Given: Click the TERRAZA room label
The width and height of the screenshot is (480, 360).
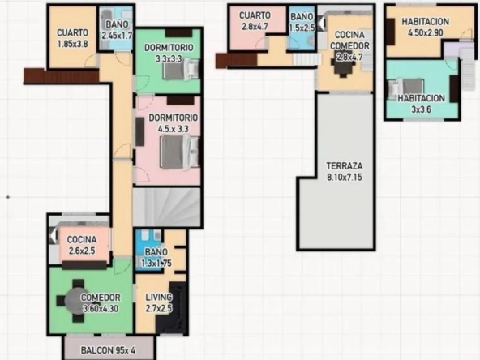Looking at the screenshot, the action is click(345, 166).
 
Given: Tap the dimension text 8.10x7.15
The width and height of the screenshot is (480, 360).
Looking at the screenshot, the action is click(345, 178).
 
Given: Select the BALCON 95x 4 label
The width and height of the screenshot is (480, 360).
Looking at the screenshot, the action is click(108, 350).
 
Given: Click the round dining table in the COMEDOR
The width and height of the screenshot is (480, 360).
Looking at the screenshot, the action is click(76, 301).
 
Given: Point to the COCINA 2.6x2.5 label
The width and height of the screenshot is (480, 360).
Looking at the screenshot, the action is click(82, 245).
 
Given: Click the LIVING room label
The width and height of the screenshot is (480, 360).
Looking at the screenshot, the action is click(159, 298).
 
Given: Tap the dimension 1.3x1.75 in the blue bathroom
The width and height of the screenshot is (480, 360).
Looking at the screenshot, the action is click(156, 264).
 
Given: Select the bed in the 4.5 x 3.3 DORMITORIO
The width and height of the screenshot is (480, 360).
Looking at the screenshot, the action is click(180, 152).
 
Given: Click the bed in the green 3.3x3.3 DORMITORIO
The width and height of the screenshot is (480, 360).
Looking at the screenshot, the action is click(182, 69).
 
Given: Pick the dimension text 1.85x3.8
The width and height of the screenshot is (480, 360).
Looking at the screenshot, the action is click(73, 44).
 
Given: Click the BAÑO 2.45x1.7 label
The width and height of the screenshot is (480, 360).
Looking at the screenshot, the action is click(117, 30).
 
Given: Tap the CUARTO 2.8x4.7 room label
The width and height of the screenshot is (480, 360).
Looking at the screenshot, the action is click(255, 21).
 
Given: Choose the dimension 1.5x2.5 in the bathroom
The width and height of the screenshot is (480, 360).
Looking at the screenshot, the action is click(302, 28).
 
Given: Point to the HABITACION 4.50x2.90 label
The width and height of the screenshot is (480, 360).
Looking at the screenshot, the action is click(426, 27).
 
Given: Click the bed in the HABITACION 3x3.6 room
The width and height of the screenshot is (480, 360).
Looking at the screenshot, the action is click(406, 88).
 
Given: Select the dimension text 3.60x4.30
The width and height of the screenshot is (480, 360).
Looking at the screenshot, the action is click(101, 309).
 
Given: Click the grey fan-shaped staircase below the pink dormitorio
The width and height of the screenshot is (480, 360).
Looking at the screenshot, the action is click(167, 208).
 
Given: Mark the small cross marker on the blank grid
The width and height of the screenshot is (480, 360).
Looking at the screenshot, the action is click(8, 198).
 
